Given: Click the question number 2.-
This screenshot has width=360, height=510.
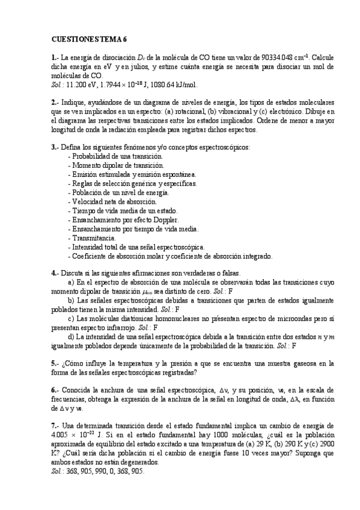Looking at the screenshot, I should (55, 102).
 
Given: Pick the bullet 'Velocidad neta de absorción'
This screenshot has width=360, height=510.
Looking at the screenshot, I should (114, 201).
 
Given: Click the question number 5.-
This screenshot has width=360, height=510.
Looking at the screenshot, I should (55, 363).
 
